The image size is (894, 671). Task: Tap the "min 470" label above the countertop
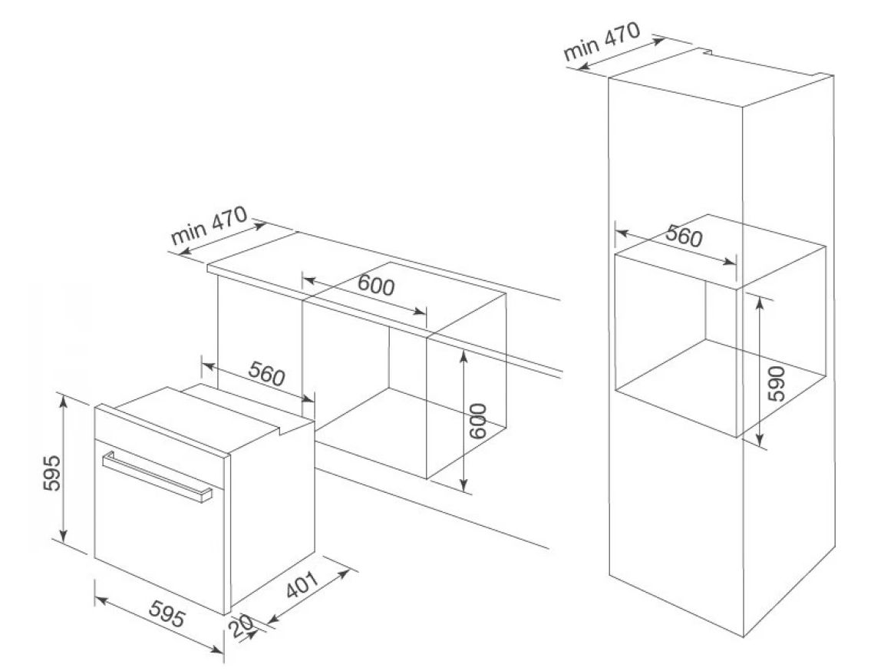click(209, 225)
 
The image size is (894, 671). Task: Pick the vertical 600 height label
click(477, 420)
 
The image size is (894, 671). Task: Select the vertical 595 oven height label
click(51, 474)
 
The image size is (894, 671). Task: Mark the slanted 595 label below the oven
click(163, 616)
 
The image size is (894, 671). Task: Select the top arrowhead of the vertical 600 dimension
click(463, 353)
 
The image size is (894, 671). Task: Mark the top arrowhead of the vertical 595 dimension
click(64, 398)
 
